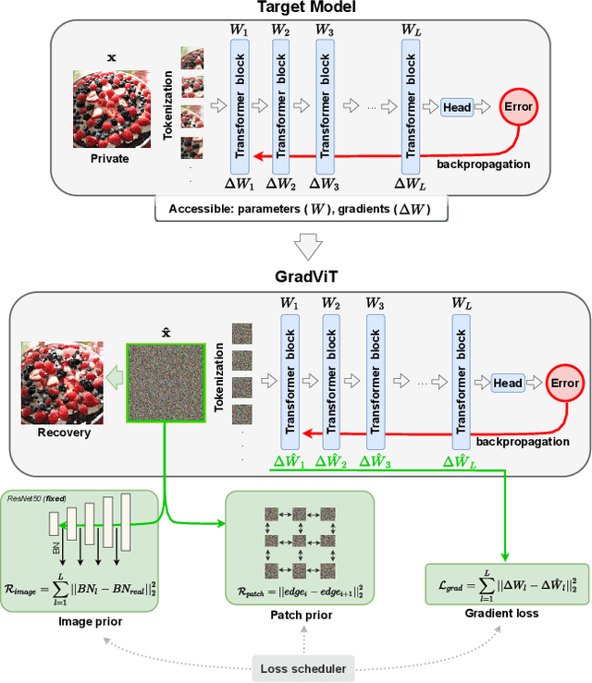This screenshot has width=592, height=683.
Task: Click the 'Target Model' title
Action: (296, 7)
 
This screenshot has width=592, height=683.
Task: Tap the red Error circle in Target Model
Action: (520, 106)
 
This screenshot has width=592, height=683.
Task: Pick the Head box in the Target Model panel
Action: (457, 107)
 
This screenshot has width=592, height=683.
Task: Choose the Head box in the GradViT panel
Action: (507, 383)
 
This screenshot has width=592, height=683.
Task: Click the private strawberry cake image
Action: (110, 108)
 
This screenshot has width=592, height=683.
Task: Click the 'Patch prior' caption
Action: (301, 615)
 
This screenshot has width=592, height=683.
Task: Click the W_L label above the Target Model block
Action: (413, 30)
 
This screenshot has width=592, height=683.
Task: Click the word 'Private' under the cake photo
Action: (109, 158)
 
